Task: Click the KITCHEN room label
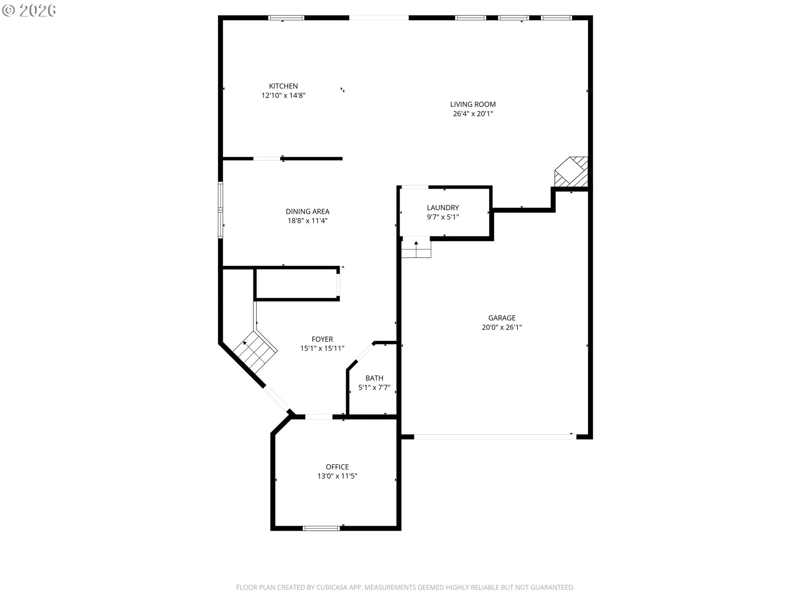coord(283,86)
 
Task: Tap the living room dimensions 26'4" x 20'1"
coord(473,114)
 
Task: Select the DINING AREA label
coord(308,212)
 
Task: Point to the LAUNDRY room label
coord(443,208)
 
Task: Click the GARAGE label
coord(502,318)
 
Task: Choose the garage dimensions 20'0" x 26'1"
coord(502,327)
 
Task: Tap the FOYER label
coord(322,339)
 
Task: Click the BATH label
coord(374,378)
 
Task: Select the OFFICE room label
coord(337,467)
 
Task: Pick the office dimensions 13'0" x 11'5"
coord(337,476)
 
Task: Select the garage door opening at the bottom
coord(495,437)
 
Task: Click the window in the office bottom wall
coord(321,528)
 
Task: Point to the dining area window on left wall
coord(220,210)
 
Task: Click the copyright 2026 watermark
coord(29,11)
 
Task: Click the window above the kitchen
coord(286,18)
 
